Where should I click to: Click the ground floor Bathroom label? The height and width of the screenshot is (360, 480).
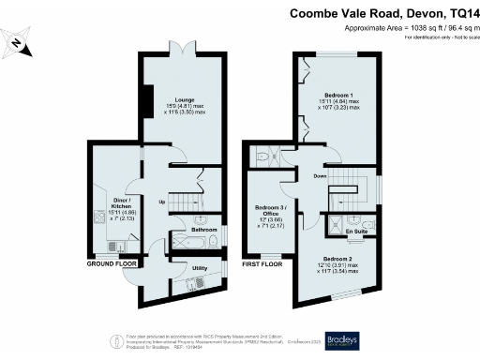coord(204,229)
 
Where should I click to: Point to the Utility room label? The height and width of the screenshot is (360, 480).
coord(199,268)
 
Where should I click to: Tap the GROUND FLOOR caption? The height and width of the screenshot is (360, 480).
coord(112,263)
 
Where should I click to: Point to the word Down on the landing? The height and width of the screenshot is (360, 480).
coord(320,175)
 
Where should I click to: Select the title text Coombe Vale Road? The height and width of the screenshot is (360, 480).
coord(344,13)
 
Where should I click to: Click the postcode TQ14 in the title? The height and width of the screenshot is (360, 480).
coord(457,13)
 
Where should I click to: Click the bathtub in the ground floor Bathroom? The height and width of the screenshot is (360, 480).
coord(193,247)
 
